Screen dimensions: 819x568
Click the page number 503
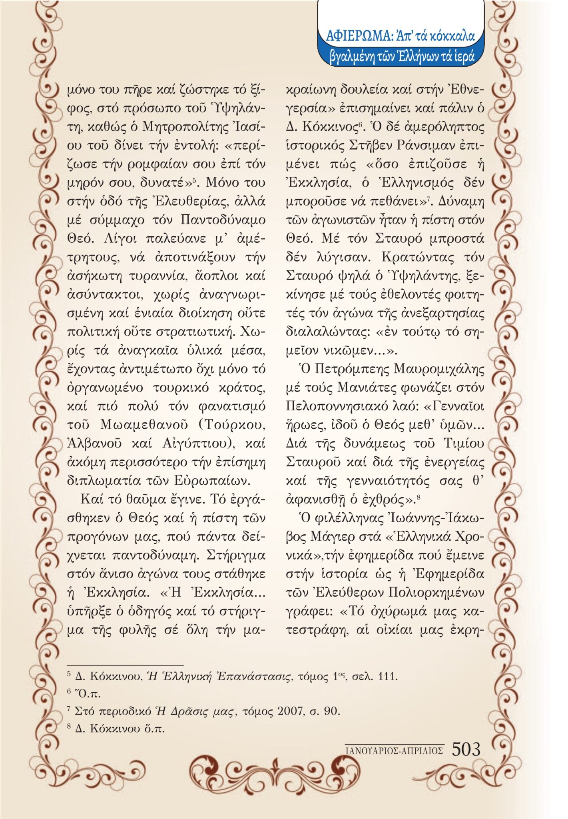pyautogui.click(x=466, y=749)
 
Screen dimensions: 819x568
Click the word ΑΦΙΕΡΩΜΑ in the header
pyautogui.click(x=359, y=36)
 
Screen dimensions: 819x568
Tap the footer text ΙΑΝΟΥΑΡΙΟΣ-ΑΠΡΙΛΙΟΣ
pyautogui.click(x=394, y=751)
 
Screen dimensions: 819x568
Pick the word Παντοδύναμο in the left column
pyautogui.click(x=223, y=220)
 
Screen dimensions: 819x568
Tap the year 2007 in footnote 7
pyautogui.click(x=293, y=711)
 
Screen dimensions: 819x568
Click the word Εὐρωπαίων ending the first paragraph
pyautogui.click(x=218, y=480)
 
